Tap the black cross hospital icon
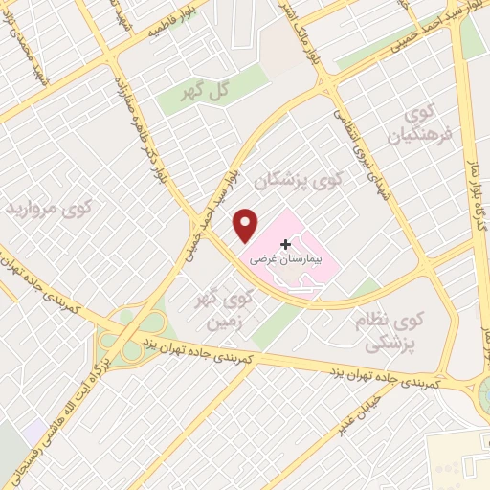point(286,246)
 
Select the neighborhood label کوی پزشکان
point(298,179)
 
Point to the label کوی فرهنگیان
point(417,126)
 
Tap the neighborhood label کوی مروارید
point(50,208)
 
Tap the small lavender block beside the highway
point(36,428)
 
